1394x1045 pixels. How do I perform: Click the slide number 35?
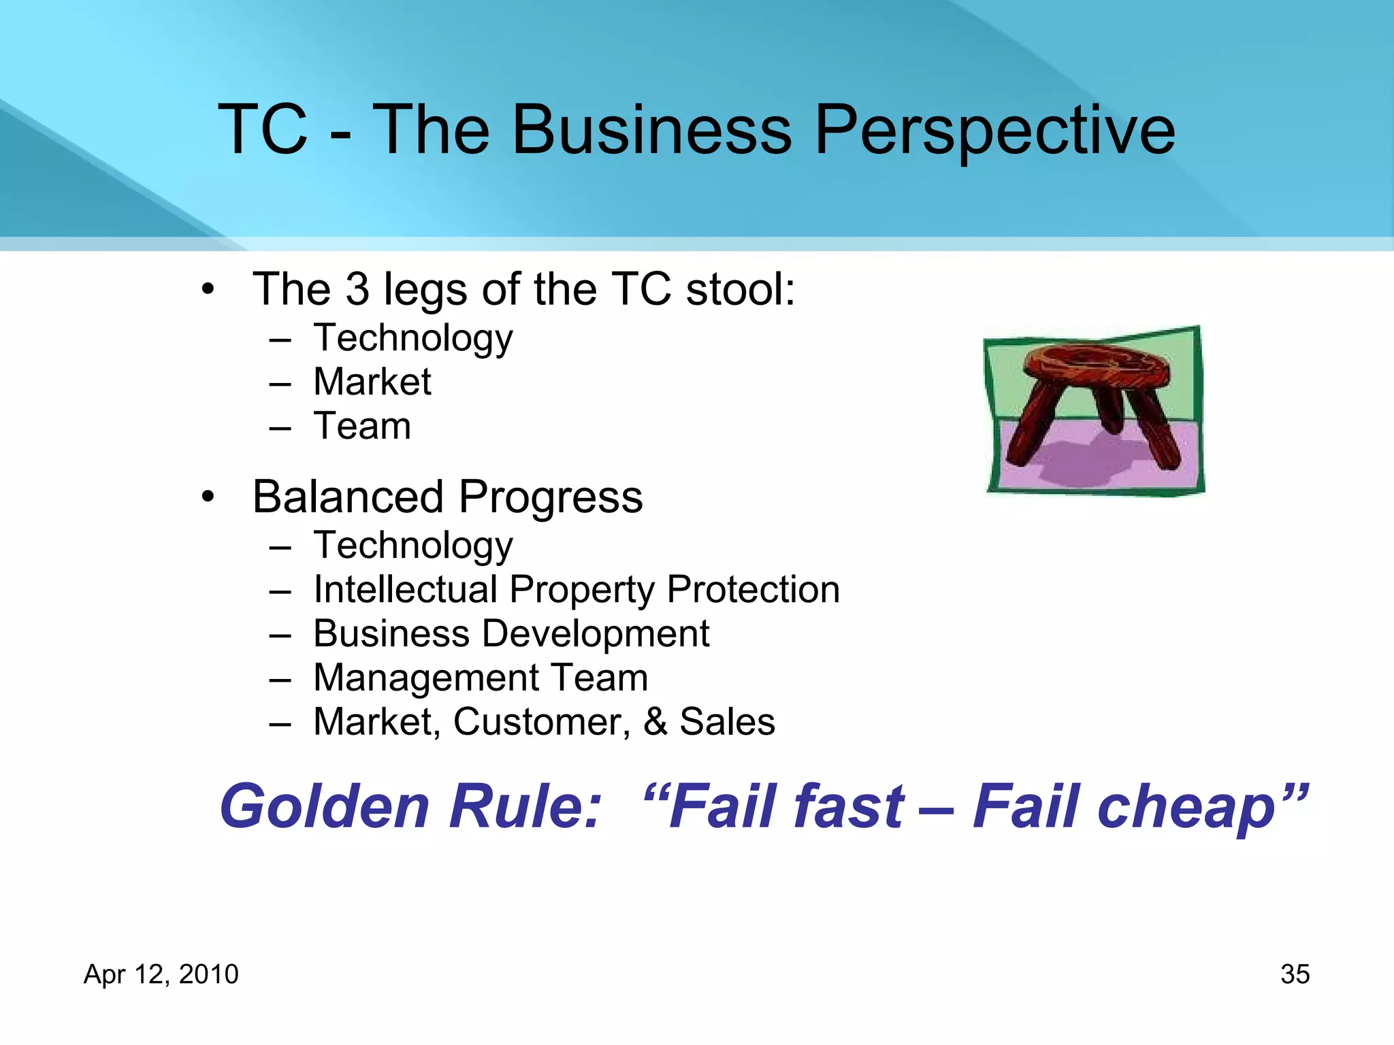pyautogui.click(x=1295, y=974)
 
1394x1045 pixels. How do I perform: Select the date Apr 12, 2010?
pyautogui.click(x=161, y=974)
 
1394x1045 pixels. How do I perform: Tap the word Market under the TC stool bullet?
pyautogui.click(x=372, y=382)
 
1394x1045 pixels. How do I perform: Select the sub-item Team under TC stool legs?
pyautogui.click(x=361, y=427)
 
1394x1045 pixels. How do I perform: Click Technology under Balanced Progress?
pyautogui.click(x=412, y=546)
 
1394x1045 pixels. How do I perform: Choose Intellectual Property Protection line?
pyautogui.click(x=576, y=589)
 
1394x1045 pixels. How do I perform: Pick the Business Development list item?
pyautogui.click(x=510, y=633)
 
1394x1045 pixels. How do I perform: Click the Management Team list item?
pyautogui.click(x=481, y=678)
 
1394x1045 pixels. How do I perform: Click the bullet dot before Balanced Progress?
pyautogui.click(x=208, y=497)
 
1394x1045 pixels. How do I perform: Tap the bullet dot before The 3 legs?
pyautogui.click(x=208, y=289)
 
